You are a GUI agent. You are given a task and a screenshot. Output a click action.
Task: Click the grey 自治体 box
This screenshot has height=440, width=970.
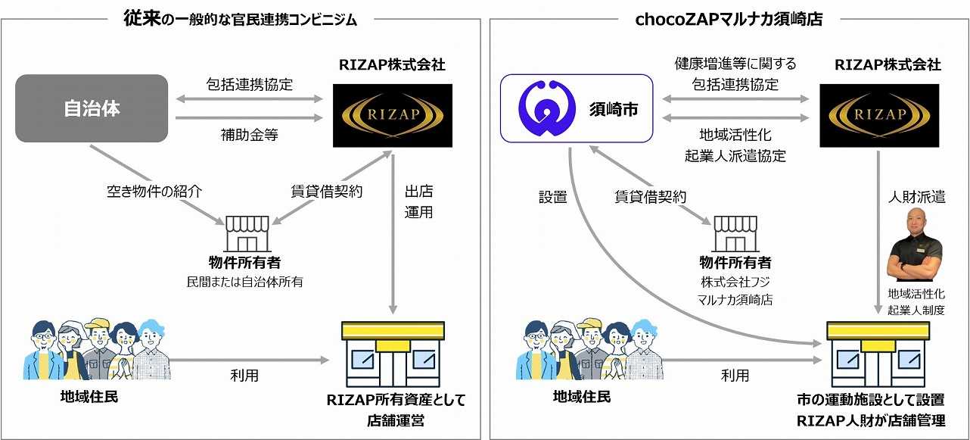(x=91, y=108)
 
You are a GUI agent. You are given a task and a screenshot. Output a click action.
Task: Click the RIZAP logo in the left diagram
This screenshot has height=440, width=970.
(x=392, y=115)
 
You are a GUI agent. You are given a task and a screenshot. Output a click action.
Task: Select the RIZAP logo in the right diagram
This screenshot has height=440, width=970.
(x=878, y=115)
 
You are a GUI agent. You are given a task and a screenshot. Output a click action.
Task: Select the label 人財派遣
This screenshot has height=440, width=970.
(x=916, y=197)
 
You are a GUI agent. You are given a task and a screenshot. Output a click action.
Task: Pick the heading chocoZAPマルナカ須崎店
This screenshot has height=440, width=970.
(x=729, y=19)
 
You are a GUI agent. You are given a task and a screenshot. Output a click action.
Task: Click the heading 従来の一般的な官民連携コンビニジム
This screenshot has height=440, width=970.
(x=240, y=19)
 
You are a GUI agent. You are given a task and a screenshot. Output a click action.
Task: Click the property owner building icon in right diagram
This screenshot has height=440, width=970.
(x=735, y=234)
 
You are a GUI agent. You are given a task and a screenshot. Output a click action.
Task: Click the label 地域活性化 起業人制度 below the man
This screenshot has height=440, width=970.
(x=916, y=301)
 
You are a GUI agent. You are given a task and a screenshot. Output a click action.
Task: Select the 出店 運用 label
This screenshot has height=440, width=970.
(x=418, y=201)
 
